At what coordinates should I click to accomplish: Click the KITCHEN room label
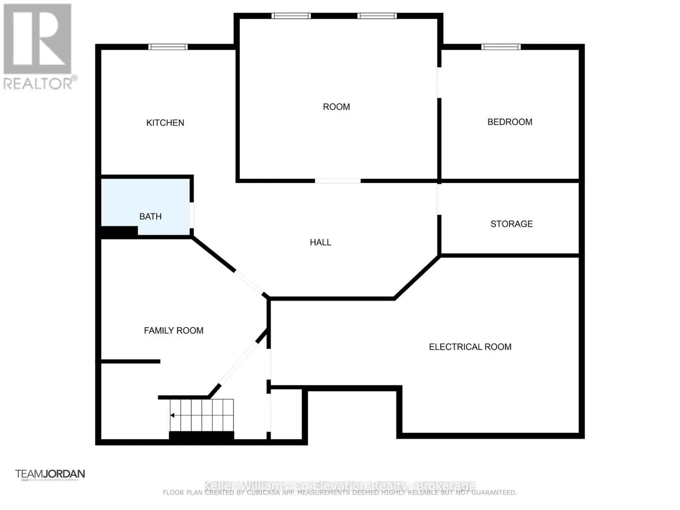click(x=165, y=123)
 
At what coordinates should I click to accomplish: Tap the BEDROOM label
click(x=510, y=122)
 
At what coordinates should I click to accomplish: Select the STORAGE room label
click(x=511, y=224)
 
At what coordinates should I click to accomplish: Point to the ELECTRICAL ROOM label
click(x=470, y=347)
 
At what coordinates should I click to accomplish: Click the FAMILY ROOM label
click(x=173, y=331)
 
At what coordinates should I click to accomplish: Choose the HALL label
click(x=320, y=242)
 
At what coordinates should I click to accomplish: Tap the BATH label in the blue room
click(x=150, y=216)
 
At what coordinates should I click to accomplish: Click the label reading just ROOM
click(x=336, y=107)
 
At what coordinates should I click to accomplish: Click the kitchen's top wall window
click(x=168, y=47)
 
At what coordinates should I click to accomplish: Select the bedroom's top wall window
click(x=501, y=47)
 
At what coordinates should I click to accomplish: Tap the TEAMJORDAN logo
click(x=50, y=474)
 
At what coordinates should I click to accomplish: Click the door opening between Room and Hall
click(x=338, y=181)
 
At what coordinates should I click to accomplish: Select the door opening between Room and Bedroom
click(x=439, y=82)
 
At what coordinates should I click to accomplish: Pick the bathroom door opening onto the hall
click(x=192, y=215)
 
